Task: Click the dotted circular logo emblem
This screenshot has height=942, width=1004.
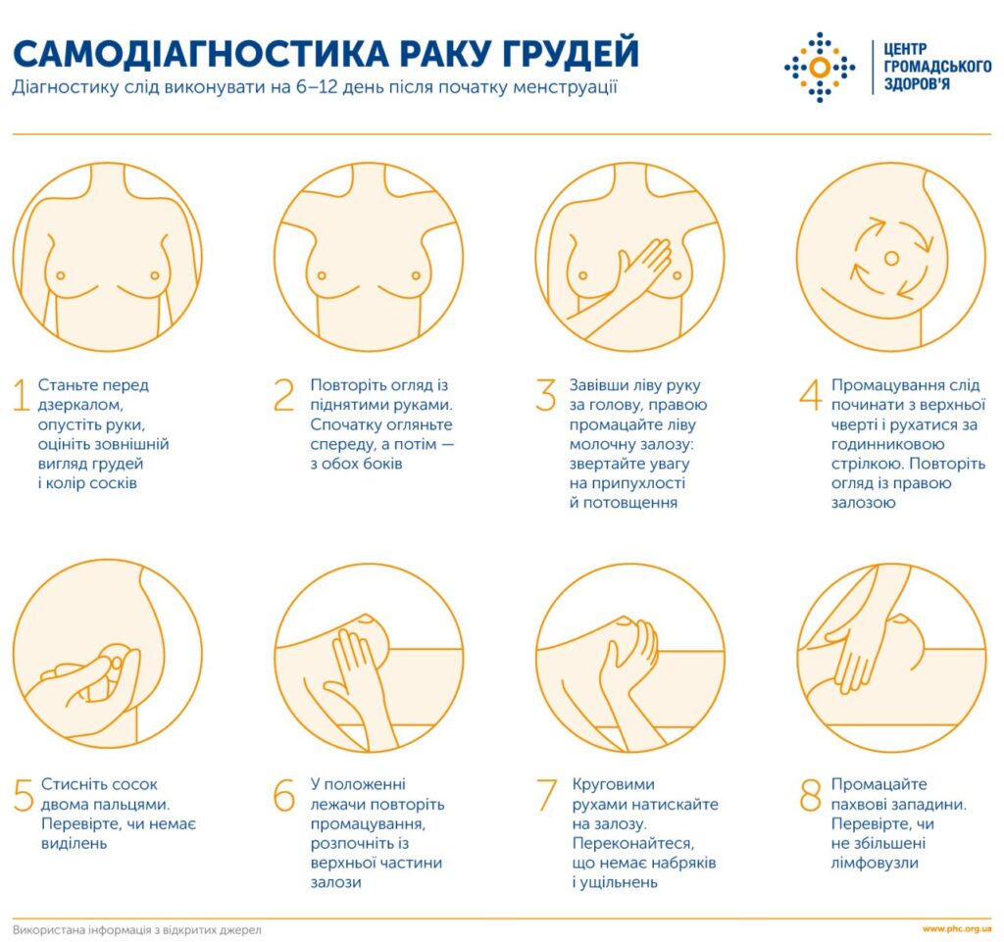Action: click(x=820, y=67)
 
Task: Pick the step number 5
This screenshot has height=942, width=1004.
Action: click(x=24, y=795)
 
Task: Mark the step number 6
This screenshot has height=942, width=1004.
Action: click(x=284, y=795)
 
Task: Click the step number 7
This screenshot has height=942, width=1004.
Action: click(x=546, y=795)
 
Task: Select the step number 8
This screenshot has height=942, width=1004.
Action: click(x=809, y=795)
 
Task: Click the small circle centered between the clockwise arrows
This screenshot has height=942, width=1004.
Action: click(x=890, y=258)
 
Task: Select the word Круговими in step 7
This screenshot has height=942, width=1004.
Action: click(x=613, y=784)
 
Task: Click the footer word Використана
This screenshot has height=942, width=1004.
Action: click(x=50, y=928)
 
